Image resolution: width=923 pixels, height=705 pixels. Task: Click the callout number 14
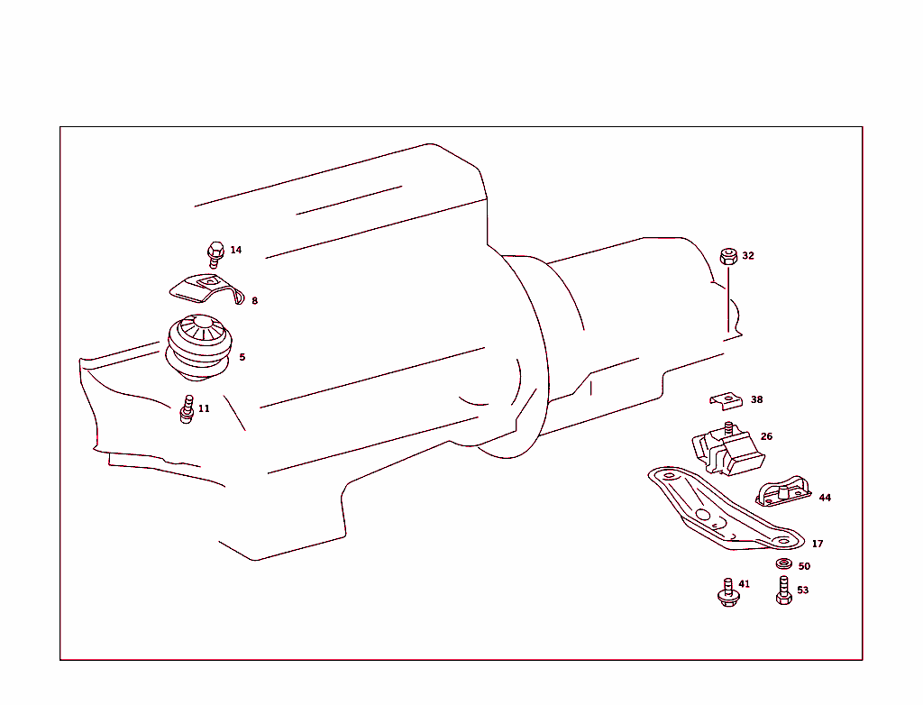tap(236, 250)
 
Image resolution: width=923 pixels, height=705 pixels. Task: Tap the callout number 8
tap(254, 301)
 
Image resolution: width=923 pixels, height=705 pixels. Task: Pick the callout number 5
tap(242, 357)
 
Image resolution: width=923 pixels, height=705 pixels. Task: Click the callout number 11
tap(204, 408)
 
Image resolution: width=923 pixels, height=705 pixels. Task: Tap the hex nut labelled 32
tap(729, 256)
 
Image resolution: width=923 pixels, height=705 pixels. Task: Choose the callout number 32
tap(748, 256)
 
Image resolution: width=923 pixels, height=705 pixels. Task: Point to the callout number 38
tap(756, 399)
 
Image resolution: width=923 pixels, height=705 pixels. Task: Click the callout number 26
tap(766, 436)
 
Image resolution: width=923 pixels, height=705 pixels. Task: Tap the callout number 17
tap(818, 544)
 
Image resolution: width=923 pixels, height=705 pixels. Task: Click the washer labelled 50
tap(783, 565)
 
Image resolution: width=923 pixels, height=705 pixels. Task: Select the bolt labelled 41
tap(727, 593)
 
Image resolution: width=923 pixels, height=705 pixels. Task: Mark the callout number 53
tap(802, 591)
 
